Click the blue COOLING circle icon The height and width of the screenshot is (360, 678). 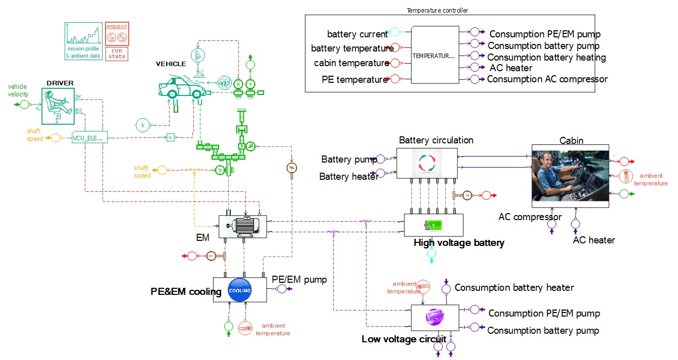[240, 290]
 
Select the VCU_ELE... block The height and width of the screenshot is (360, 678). [90, 137]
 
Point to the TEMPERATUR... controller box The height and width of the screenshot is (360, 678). [434, 55]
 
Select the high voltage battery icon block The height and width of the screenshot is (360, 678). [433, 225]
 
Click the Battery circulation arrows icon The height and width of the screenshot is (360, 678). [427, 163]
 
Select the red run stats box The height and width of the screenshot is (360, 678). [117, 54]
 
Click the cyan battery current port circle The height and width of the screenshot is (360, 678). [395, 33]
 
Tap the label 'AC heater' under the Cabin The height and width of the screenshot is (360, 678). [594, 240]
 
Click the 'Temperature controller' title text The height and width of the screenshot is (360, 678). [437, 11]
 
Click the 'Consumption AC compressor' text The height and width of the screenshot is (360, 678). [547, 79]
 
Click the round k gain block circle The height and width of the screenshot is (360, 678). [143, 124]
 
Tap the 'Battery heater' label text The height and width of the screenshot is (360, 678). [349, 177]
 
